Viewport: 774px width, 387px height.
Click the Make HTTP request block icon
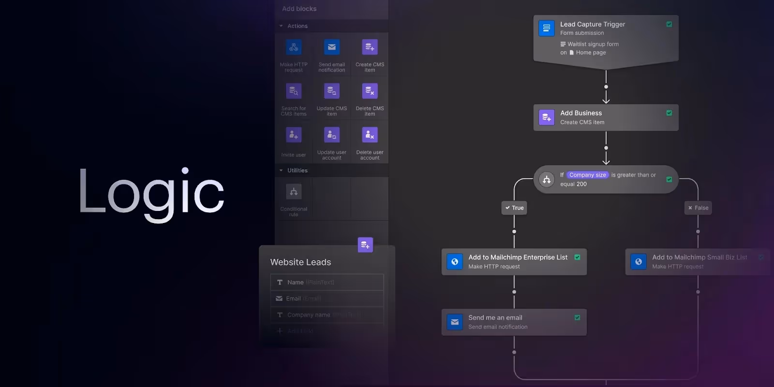pos(294,47)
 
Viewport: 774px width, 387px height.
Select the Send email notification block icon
pos(332,47)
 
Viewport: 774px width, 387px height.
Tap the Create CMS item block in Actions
pos(370,47)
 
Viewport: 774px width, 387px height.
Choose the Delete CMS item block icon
pos(370,91)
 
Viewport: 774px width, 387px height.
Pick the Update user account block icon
pos(332,135)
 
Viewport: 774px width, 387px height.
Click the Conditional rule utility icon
pos(294,192)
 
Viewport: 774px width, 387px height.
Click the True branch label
pos(514,208)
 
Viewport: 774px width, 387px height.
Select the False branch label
pos(698,208)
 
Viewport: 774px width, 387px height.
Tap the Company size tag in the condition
pos(587,175)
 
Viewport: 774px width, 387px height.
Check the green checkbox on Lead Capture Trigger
pos(669,24)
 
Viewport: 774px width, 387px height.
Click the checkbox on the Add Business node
pos(669,113)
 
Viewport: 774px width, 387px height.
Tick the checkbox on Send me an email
pos(577,318)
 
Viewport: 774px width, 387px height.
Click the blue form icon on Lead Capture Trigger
pos(547,28)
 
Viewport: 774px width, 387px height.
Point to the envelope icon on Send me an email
pos(455,322)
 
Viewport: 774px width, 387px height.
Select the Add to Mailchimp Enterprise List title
pos(518,257)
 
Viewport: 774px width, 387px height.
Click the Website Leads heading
pos(300,262)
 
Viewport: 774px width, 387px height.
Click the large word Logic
pos(151,193)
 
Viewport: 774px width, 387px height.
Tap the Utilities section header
pos(297,170)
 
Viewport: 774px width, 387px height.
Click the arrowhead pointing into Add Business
pos(606,100)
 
